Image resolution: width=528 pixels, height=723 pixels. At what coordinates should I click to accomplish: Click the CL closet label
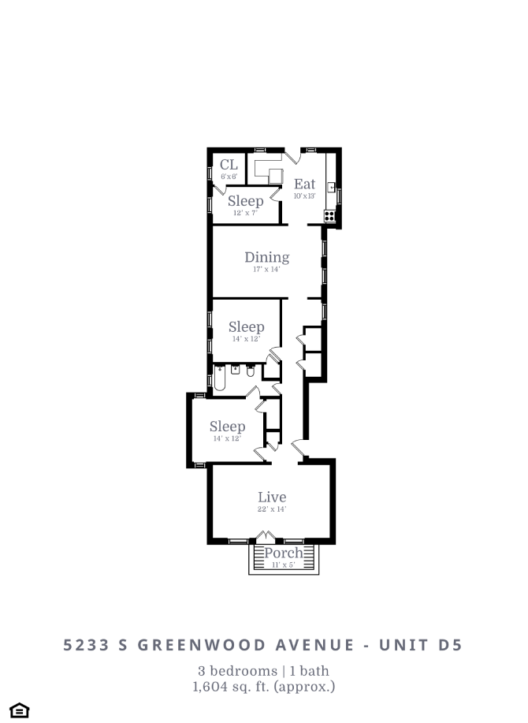click(229, 165)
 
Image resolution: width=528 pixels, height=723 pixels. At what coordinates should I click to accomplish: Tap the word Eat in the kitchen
click(304, 184)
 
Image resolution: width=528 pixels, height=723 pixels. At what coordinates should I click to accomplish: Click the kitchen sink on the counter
click(333, 188)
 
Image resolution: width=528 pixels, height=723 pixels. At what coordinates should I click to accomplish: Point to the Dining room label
click(266, 257)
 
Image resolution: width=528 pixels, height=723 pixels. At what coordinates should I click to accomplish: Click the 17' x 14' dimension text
click(266, 270)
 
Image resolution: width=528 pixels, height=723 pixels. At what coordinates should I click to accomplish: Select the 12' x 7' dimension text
click(245, 213)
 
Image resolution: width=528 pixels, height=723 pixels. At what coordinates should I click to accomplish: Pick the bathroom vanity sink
click(235, 370)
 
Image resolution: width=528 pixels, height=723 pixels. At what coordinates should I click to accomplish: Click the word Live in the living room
click(272, 498)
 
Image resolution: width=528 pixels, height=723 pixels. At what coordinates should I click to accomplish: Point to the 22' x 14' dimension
click(272, 509)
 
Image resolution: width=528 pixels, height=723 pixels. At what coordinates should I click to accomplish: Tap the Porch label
click(283, 553)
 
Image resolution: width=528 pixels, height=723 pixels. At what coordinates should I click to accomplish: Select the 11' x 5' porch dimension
click(283, 565)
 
